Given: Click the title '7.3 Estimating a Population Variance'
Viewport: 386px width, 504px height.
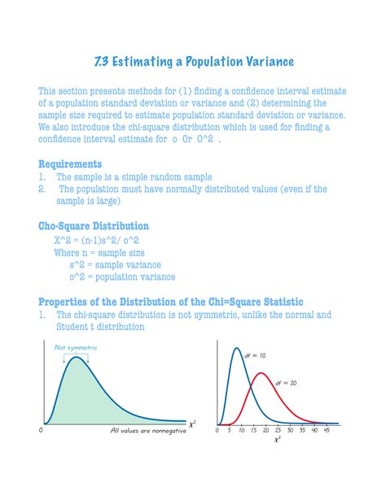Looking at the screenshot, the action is pyautogui.click(x=192, y=62).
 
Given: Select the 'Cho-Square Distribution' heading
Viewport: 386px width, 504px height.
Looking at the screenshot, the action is pyautogui.click(x=93, y=226).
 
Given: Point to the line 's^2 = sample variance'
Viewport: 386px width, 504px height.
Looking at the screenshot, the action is pyautogui.click(x=115, y=264).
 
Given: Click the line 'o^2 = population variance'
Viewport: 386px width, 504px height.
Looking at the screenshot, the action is pyautogui.click(x=122, y=276).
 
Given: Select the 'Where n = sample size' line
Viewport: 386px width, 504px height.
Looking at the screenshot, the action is pyautogui.click(x=99, y=252).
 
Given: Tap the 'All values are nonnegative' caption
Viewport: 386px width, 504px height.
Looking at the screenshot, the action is pyautogui.click(x=148, y=431).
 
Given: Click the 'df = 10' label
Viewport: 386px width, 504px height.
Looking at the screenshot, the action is pyautogui.click(x=255, y=355).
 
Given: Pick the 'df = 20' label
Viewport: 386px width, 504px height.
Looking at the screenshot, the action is pyautogui.click(x=285, y=382).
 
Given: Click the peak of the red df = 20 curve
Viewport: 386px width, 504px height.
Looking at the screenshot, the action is pyautogui.click(x=261, y=373).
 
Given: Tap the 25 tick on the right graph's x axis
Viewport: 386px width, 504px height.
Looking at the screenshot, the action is pyautogui.click(x=278, y=430).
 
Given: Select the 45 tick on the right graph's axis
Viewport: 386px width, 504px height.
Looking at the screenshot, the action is pyautogui.click(x=327, y=430).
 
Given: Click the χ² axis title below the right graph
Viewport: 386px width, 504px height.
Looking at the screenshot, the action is pyautogui.click(x=277, y=440).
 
